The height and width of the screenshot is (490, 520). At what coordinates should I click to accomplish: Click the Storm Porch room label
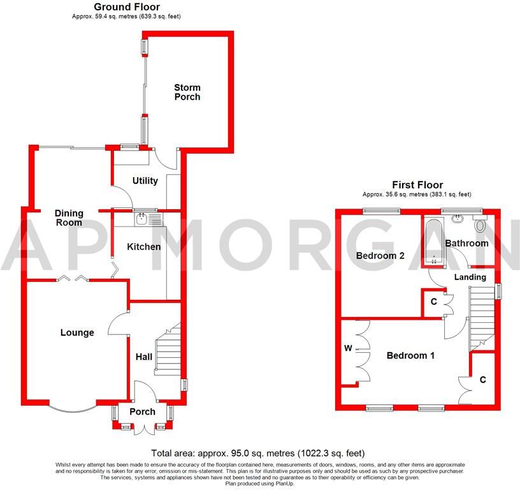(187, 93)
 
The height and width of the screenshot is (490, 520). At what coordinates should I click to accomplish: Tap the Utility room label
(145, 181)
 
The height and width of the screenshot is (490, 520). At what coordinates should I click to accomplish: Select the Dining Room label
(69, 218)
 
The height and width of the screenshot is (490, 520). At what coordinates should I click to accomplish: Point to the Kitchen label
(144, 247)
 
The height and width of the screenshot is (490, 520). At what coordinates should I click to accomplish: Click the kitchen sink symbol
(148, 219)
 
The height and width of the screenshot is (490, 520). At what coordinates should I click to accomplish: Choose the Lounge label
(77, 332)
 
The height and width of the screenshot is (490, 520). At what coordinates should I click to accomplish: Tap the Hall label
(144, 357)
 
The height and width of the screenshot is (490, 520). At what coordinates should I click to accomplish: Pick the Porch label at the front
(142, 412)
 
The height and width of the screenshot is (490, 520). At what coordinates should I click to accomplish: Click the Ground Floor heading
(127, 7)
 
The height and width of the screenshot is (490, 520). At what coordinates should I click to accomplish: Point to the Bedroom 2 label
(380, 256)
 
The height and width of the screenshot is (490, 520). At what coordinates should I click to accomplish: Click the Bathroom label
(466, 243)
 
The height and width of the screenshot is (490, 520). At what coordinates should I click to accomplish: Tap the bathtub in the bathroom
(433, 242)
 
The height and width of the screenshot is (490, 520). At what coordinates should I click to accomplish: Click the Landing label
(470, 277)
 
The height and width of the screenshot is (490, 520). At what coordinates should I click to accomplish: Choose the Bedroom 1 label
(410, 355)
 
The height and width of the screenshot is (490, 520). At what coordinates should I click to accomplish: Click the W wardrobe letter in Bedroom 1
(348, 348)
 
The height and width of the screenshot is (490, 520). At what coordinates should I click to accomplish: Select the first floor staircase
(482, 315)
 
